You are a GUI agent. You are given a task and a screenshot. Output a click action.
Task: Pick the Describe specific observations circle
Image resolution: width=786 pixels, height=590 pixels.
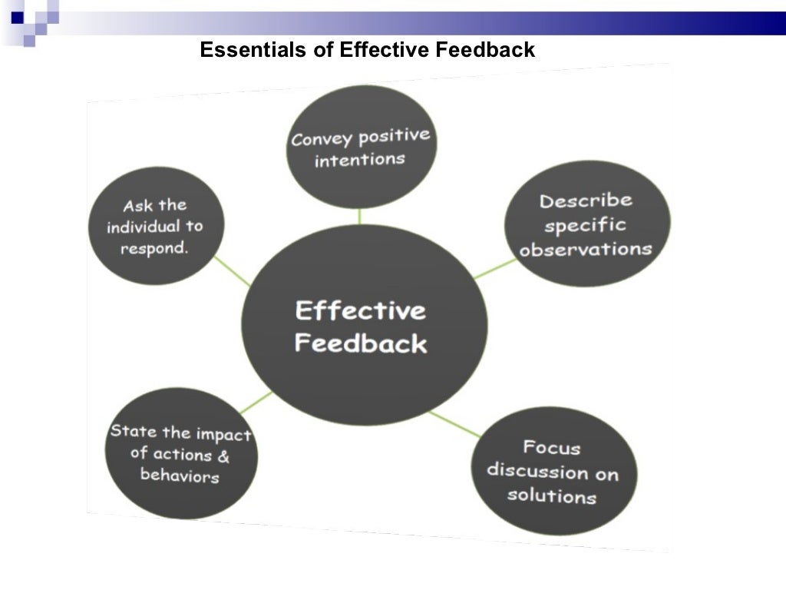(586, 224)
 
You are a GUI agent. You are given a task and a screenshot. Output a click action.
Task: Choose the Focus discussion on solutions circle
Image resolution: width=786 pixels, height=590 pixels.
(553, 470)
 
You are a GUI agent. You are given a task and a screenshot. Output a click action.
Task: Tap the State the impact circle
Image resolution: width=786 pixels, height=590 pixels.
(181, 453)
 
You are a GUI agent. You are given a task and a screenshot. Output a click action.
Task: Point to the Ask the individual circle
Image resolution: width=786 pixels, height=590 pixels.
(157, 226)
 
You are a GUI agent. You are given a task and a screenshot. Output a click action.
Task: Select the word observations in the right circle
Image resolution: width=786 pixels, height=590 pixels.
(586, 250)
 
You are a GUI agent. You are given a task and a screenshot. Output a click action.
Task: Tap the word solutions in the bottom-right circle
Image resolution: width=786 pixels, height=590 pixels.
(551, 496)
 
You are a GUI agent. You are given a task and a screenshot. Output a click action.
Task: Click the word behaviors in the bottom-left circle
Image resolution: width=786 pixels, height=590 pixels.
(180, 476)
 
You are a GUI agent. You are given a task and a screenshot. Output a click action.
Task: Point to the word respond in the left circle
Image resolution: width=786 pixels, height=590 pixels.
(154, 250)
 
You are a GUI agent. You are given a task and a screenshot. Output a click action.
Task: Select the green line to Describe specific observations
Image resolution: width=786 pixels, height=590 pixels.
(495, 268)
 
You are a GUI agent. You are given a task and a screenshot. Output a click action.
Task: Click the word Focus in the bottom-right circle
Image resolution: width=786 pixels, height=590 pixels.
(552, 447)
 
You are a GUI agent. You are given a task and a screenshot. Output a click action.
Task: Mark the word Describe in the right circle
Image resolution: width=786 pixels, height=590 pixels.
(586, 201)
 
